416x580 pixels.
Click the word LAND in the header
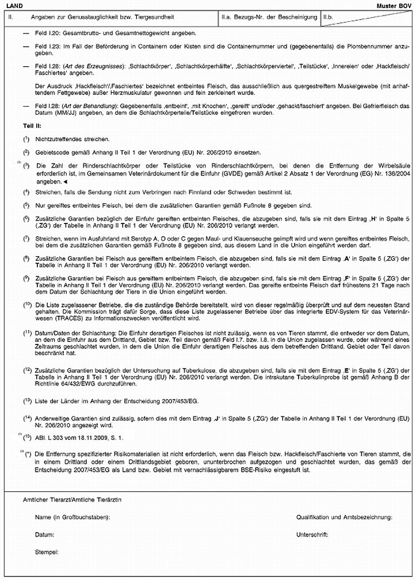pyautogui.click(x=13, y=5)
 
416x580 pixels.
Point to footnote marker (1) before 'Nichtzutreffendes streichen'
pyautogui.click(x=26, y=139)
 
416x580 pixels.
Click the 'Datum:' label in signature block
pyautogui.click(x=44, y=535)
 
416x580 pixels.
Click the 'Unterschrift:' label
pyautogui.click(x=312, y=535)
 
